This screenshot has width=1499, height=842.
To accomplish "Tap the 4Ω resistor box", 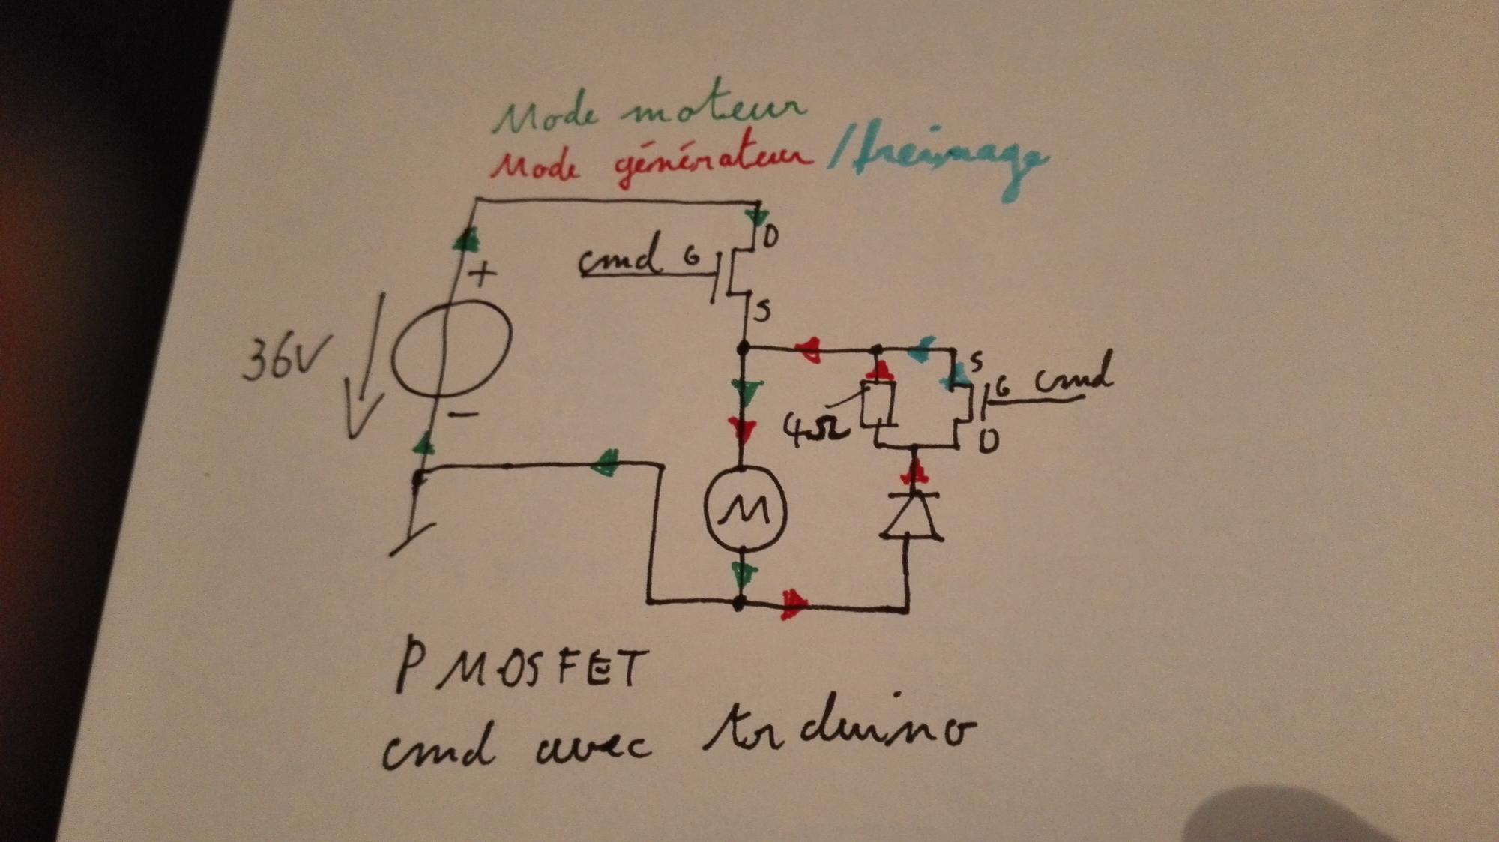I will coord(878,404).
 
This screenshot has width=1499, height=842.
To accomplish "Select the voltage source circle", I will coord(452,344).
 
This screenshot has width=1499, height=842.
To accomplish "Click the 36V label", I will coord(279,361).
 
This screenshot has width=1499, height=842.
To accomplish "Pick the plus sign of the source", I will coord(482,273).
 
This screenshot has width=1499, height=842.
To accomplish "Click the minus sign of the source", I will coord(465,413).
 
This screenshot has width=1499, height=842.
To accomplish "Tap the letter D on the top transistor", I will coord(770,238).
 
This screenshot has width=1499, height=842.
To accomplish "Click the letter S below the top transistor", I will coord(762,310).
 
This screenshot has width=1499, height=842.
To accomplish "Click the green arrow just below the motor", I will coord(743,576).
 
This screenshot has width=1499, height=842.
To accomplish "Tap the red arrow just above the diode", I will coord(914,472).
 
